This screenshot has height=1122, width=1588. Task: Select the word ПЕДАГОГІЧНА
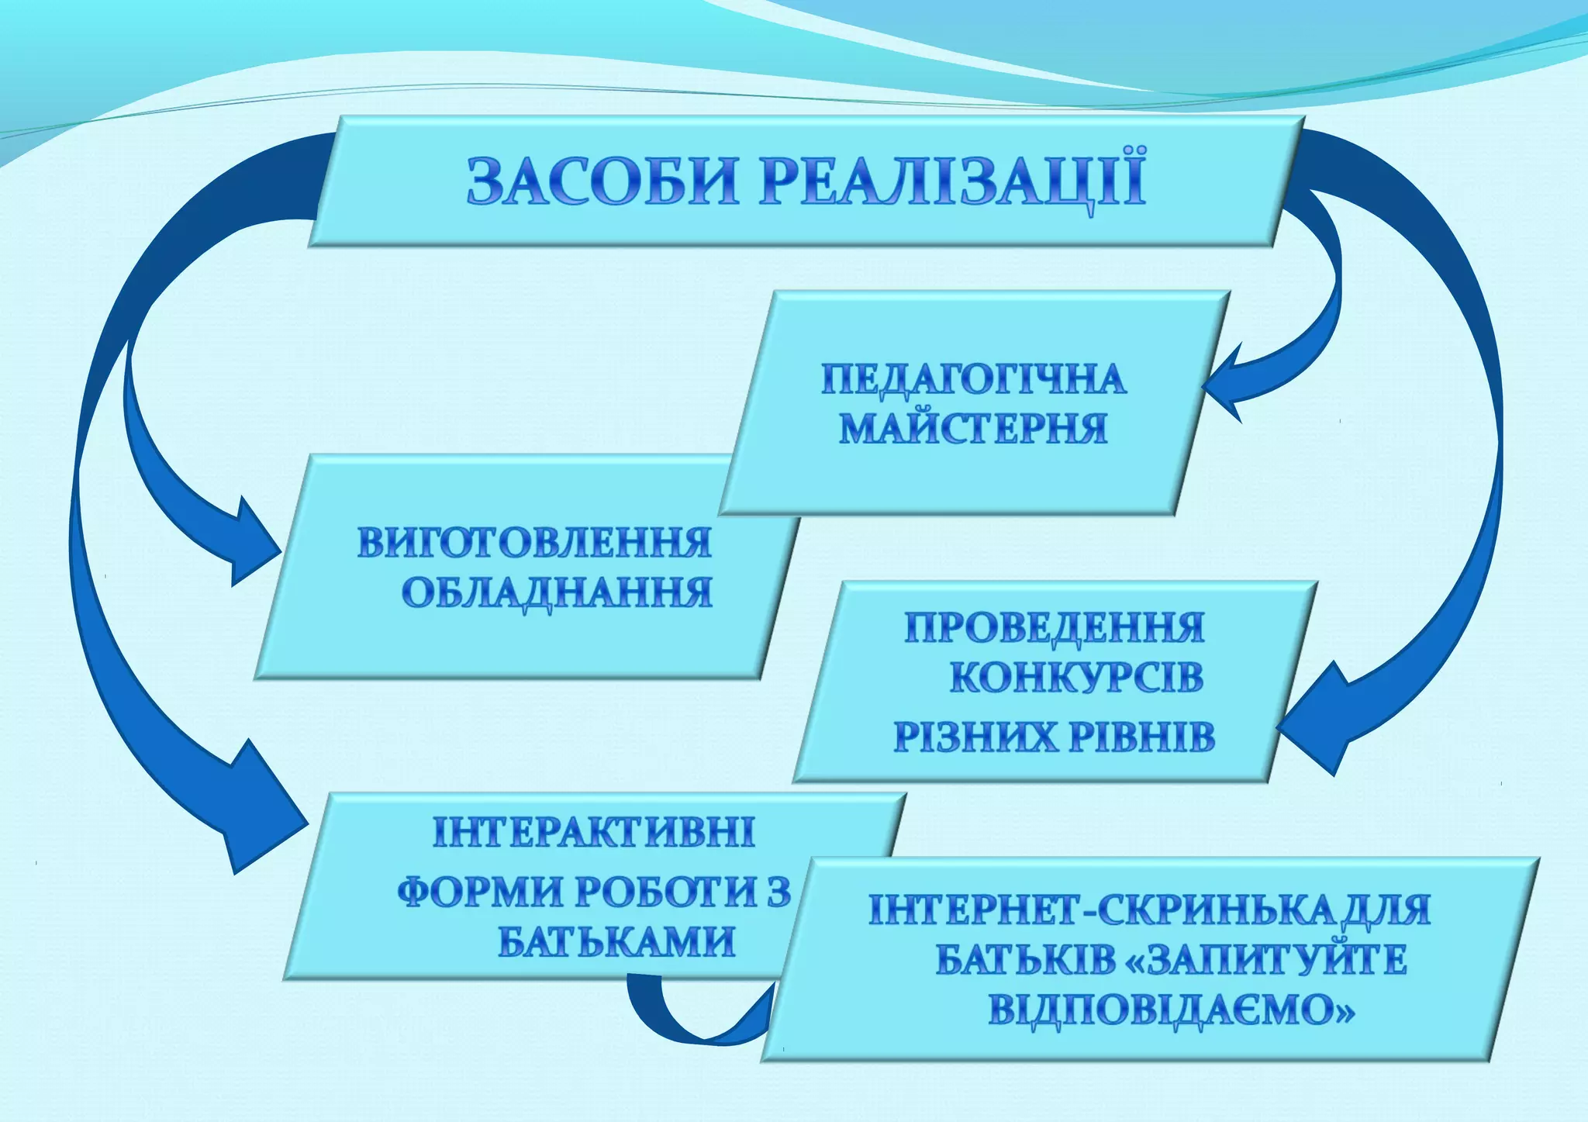[974, 379]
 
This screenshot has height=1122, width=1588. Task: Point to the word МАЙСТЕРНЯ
[974, 428]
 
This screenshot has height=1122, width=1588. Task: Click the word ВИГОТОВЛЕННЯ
[534, 543]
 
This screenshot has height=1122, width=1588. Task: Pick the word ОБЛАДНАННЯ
[557, 593]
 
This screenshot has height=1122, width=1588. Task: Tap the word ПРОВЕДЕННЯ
[1055, 627]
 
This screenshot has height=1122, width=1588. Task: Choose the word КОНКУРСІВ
[1076, 678]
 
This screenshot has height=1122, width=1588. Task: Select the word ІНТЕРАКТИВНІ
[593, 832]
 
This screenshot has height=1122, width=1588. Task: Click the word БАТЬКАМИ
[616, 943]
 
